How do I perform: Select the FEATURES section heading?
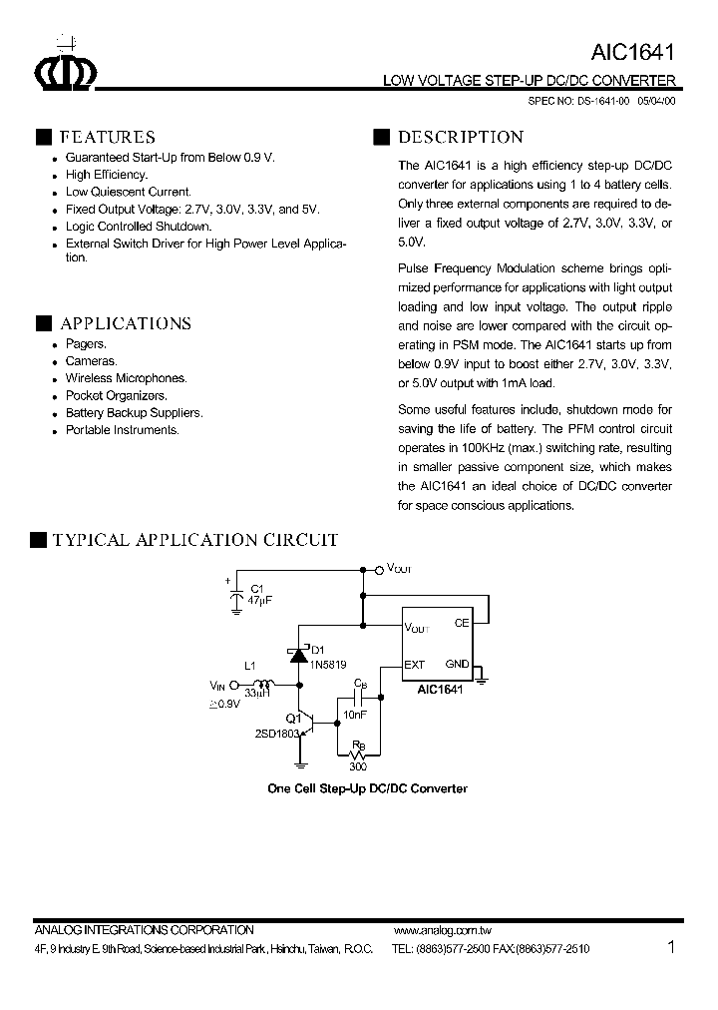tap(107, 138)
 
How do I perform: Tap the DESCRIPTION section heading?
tap(460, 138)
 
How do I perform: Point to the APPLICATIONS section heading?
tap(125, 323)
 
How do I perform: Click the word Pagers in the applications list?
tap(86, 344)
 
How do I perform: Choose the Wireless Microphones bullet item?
tap(126, 378)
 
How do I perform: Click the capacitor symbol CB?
tap(358, 702)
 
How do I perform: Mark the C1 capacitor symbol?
tap(236, 596)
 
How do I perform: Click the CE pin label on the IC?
tap(461, 624)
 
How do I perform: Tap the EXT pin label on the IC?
tap(415, 665)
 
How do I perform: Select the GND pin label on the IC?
tap(457, 665)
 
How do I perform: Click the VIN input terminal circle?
tap(234, 686)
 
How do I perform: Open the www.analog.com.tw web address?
tap(436, 930)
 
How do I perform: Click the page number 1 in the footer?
tap(671, 947)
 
